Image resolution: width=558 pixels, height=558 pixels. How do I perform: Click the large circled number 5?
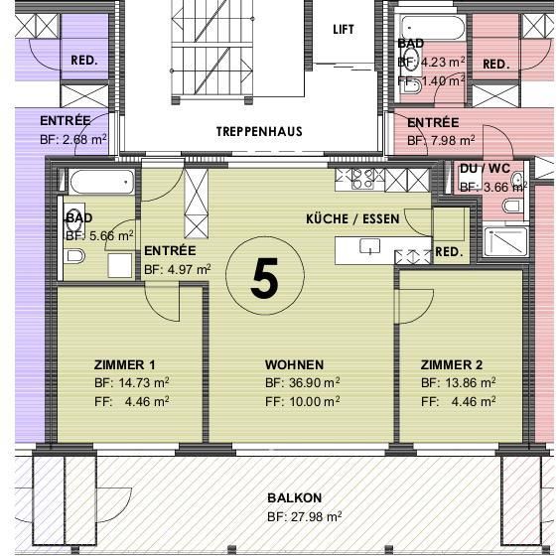(x=263, y=279)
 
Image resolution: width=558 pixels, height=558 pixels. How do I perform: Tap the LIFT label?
(x=343, y=30)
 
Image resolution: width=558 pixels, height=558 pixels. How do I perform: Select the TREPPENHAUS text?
(x=259, y=131)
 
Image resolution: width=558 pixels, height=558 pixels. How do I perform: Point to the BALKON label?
(x=294, y=497)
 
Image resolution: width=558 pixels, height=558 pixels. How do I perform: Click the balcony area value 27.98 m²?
(x=304, y=516)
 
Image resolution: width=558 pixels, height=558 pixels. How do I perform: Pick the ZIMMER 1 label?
(x=125, y=364)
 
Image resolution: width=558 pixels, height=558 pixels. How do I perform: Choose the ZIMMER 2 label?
(x=452, y=364)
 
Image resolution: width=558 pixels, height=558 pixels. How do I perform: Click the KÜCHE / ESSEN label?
(x=352, y=218)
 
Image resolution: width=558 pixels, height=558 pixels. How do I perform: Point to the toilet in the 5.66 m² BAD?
(x=74, y=257)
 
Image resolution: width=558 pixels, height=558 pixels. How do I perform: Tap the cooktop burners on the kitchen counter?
(x=356, y=179)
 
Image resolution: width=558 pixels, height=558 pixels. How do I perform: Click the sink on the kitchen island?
(x=370, y=247)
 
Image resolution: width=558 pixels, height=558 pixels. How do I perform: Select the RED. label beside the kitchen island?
(x=449, y=252)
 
